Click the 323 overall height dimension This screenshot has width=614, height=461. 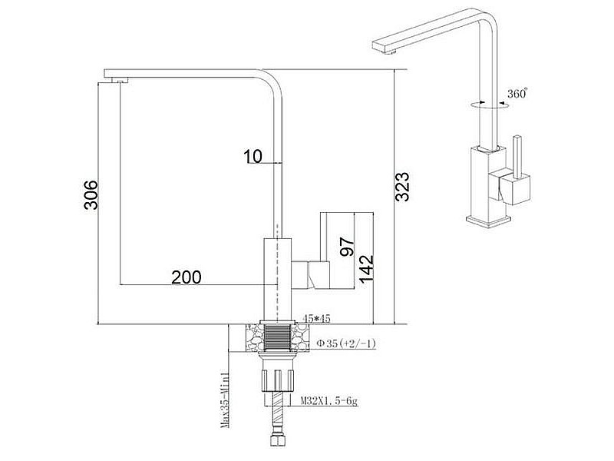coord(402,187)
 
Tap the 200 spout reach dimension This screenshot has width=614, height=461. coord(187,277)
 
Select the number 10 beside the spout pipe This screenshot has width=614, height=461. coord(253,157)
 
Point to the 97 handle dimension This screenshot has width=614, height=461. coord(347,247)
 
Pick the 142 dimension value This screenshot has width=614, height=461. coord(367,269)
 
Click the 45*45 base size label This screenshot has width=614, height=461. coord(317,318)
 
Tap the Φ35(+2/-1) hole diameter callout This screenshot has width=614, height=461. coord(346,343)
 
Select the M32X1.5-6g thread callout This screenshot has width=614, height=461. coord(329,401)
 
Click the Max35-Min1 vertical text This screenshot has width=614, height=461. coord(225,400)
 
